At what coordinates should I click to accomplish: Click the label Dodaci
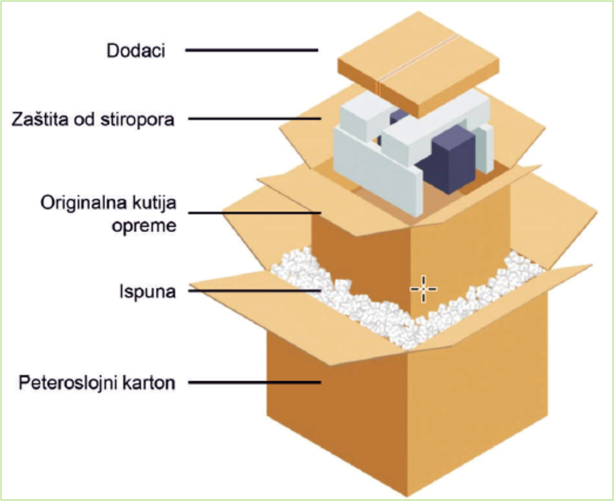(135, 51)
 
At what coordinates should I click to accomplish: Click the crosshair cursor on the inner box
(423, 288)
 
